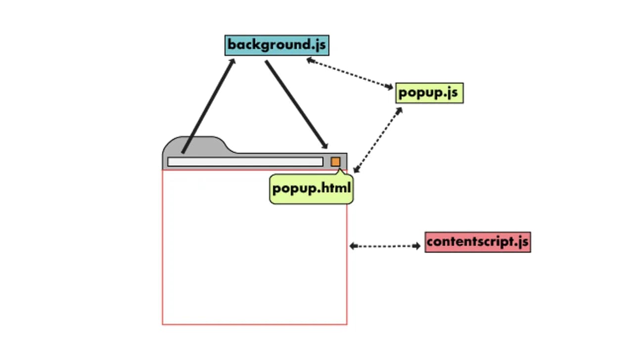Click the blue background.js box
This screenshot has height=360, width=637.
[x=276, y=45]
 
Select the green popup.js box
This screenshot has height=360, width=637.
[x=429, y=93]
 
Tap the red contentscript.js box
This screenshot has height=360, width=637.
[x=477, y=242]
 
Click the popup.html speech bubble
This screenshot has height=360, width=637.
[x=311, y=189]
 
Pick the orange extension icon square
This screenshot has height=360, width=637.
[x=335, y=162]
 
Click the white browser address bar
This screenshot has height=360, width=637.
[x=245, y=162]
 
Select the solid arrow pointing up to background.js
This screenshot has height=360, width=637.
[x=208, y=106]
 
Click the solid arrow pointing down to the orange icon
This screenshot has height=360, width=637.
[x=296, y=104]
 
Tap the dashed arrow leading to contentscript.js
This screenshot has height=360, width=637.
[x=385, y=246]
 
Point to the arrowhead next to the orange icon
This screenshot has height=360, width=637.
[x=324, y=145]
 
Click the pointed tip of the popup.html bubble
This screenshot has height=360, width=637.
[x=340, y=171]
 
